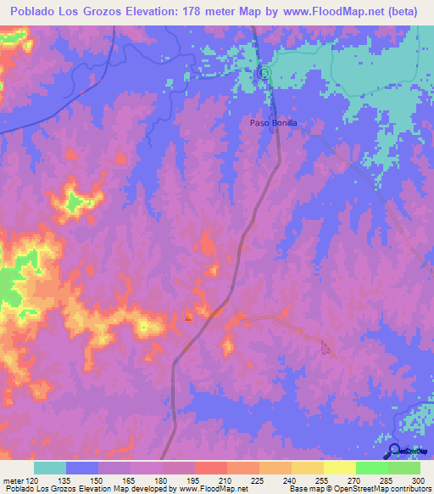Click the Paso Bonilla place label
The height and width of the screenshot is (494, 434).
point(273,123)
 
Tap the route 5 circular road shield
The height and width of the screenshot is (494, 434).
point(263,73)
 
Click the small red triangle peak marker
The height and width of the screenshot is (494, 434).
point(189,318)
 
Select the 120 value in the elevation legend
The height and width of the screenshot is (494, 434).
point(33,480)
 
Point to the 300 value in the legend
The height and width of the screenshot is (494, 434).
point(415,480)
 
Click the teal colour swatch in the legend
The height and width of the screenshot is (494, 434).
point(50,468)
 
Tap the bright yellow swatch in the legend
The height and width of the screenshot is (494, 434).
point(339,468)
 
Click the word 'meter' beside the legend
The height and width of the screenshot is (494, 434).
point(13,480)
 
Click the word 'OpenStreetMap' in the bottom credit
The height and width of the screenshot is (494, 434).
point(354,489)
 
